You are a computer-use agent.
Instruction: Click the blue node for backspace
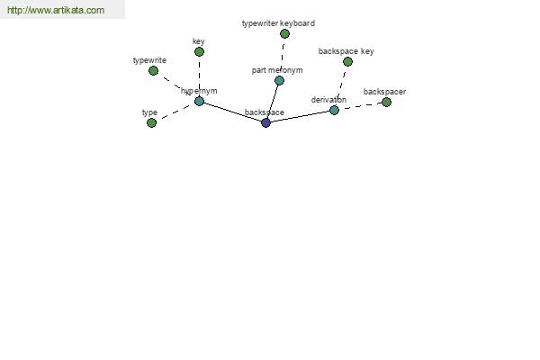[x=265, y=122]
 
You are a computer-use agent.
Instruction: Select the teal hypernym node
[x=200, y=102]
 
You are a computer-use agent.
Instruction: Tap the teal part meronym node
[x=279, y=81]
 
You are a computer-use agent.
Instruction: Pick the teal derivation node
[x=334, y=110]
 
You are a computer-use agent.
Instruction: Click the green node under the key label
[x=199, y=51]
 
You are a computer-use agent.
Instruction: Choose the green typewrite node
[x=153, y=70]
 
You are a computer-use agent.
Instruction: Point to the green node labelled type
[x=151, y=122]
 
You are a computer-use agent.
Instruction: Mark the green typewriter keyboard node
[x=284, y=34]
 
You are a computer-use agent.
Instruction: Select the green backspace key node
[x=347, y=62]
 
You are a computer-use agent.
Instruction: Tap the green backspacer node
[x=386, y=102]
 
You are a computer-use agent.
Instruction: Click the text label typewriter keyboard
[x=278, y=23]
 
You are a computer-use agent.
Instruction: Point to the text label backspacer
[x=384, y=92]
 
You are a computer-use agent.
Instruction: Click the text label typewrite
[x=149, y=60]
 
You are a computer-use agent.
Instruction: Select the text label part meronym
[x=277, y=70]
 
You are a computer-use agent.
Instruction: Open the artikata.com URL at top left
[x=56, y=10]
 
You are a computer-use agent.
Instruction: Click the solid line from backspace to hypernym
[x=233, y=112]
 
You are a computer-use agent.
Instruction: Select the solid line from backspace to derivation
[x=300, y=116]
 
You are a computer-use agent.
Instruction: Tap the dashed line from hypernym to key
[x=200, y=76]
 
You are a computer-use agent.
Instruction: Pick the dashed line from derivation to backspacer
[x=360, y=106]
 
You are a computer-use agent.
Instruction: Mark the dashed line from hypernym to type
[x=175, y=112]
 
